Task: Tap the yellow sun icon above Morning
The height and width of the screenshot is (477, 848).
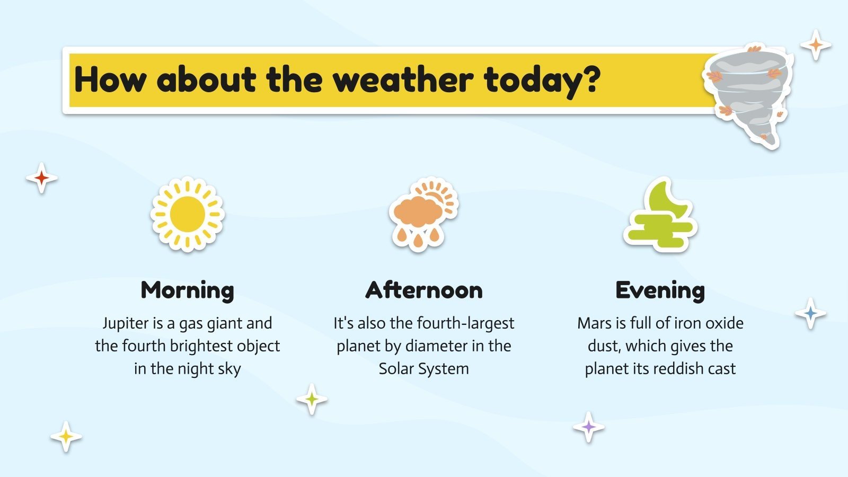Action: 187,214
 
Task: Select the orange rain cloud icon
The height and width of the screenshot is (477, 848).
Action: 423,214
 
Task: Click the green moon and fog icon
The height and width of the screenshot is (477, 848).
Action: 660,215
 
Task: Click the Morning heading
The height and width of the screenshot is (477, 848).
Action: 187,290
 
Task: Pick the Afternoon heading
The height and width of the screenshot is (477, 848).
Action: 424,290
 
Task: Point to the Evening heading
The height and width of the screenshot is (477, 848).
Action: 660,290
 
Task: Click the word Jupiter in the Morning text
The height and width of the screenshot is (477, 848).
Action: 125,323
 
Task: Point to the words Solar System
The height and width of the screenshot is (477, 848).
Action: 423,368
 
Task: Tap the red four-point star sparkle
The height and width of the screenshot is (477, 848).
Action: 41,178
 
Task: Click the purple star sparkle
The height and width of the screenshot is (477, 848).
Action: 588,427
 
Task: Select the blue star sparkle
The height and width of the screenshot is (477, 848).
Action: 810,313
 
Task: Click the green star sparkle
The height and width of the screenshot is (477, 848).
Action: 312,399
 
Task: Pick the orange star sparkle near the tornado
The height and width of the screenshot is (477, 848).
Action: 816,46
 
